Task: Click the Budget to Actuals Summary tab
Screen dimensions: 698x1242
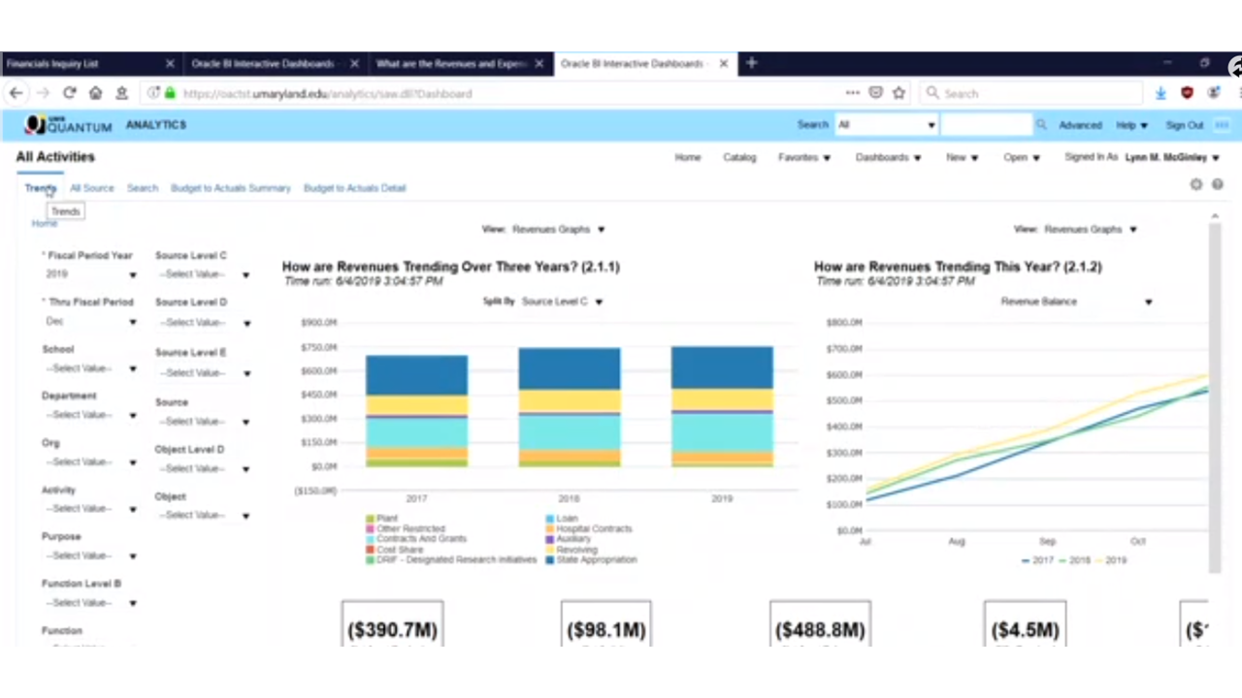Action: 230,188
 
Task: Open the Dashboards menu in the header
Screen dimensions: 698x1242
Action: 887,157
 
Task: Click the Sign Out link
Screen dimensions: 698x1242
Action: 1184,125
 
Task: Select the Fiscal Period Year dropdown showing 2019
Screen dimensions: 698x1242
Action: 89,274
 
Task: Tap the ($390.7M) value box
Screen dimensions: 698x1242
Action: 392,629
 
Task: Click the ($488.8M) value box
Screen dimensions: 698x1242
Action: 820,629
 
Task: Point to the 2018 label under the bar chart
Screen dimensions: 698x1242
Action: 569,498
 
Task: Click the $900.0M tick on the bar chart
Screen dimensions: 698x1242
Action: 318,323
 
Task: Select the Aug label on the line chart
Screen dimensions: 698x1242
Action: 957,541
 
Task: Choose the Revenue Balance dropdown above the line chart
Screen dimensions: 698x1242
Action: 1075,301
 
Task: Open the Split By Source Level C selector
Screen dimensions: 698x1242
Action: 561,301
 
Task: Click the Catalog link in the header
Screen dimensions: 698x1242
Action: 739,157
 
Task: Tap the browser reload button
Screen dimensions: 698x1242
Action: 69,93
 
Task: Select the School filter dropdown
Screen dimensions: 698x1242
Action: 89,368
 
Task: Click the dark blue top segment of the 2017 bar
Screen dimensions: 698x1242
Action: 416,374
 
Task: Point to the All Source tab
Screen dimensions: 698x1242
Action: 91,188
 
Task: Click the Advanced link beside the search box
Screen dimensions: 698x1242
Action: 1080,125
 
